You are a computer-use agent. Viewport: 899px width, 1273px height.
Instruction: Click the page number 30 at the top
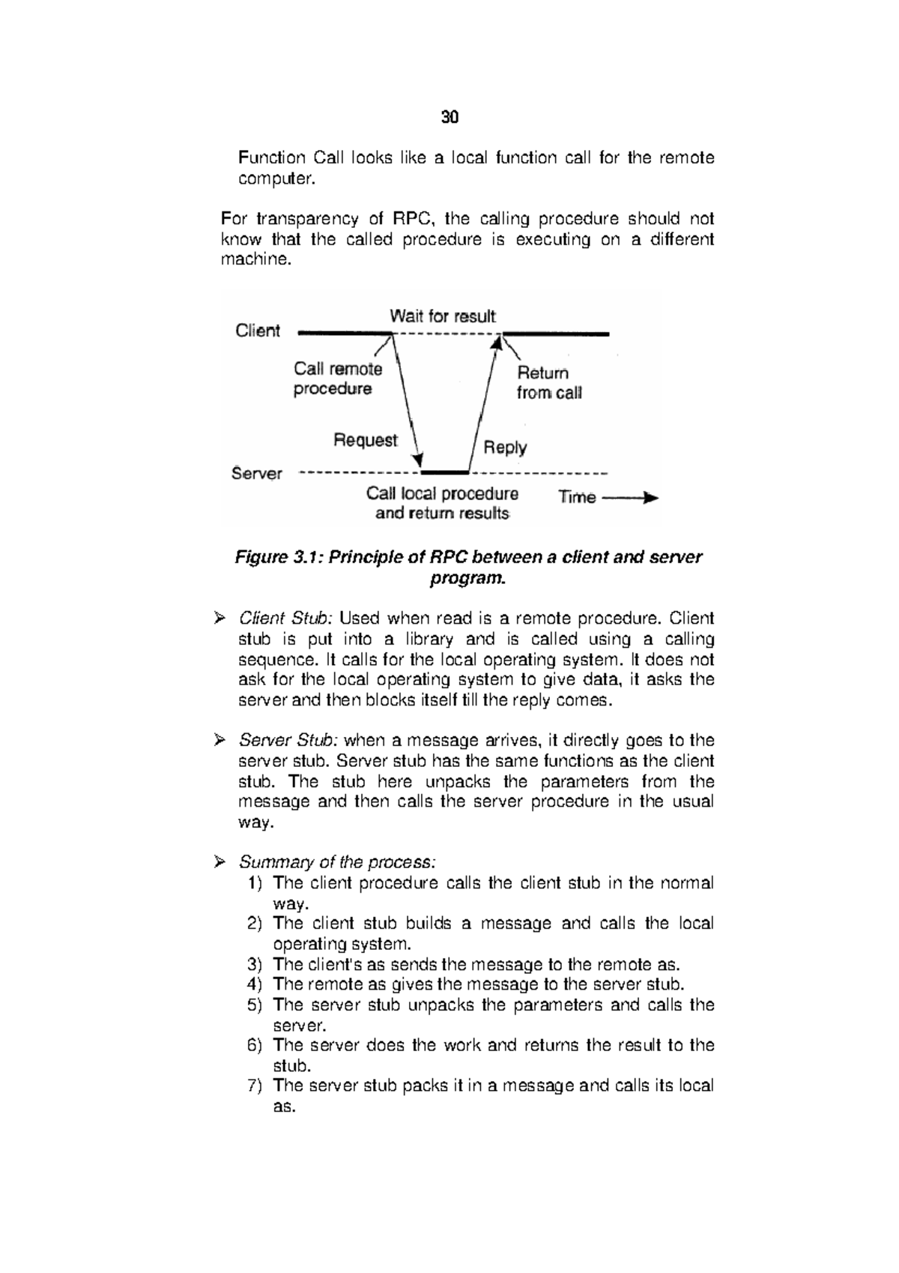[449, 118]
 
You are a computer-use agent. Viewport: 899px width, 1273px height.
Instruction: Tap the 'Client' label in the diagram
[258, 331]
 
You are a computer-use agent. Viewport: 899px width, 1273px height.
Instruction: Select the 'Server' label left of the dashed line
[257, 474]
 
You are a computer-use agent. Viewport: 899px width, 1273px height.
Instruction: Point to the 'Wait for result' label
[443, 316]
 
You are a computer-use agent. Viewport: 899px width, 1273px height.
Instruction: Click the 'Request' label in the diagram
[366, 440]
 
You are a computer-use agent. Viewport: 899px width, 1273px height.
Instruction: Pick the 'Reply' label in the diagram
[505, 448]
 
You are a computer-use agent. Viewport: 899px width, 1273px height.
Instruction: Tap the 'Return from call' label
[548, 383]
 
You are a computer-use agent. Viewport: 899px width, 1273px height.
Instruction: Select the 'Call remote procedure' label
[337, 379]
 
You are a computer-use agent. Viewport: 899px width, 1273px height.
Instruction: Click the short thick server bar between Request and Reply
[445, 473]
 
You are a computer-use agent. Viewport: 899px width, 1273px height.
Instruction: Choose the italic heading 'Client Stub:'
[285, 619]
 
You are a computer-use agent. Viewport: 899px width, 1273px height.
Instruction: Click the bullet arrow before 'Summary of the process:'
[219, 862]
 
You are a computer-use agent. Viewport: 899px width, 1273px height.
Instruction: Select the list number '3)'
[255, 964]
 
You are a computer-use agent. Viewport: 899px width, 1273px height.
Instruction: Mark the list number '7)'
[255, 1086]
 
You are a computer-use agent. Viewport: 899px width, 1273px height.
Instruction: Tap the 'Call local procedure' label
[442, 494]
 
